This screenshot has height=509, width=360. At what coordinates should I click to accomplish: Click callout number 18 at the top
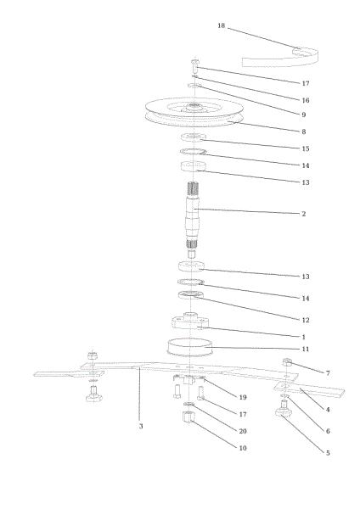pos(222,25)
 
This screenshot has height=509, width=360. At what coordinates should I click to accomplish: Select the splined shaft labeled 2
pos(193,220)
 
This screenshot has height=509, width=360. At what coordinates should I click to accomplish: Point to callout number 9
pos(304,115)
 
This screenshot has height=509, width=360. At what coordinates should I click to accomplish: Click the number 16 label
pos(306,100)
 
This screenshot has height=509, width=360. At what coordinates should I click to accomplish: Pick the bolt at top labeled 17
pos(194,66)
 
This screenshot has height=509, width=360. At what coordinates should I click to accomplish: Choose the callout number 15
pos(306,148)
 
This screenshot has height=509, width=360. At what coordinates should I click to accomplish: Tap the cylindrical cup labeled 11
pos(189,347)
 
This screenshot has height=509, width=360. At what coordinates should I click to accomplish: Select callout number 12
pos(306,320)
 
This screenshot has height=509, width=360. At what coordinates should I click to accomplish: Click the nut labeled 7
pos(287,362)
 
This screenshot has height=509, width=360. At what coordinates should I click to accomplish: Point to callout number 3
pos(141,426)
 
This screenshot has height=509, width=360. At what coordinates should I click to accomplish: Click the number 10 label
pos(242,448)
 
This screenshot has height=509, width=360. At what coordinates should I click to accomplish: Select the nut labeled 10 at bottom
pos(188,417)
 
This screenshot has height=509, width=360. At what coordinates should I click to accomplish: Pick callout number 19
pos(242,397)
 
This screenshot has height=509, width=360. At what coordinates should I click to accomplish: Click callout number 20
pos(242,431)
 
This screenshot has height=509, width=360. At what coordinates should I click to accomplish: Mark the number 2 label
pos(304,214)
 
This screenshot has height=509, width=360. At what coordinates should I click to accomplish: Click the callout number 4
pos(328,410)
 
